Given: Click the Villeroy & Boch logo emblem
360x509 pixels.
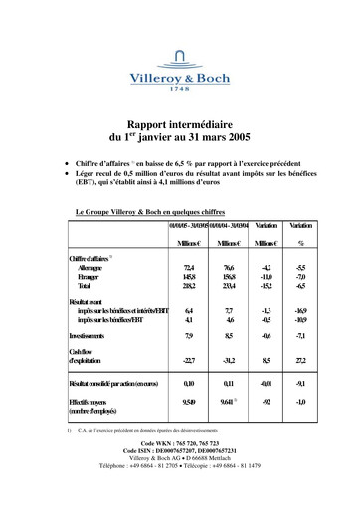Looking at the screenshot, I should (x=179, y=55).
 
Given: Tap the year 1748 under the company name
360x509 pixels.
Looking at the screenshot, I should (x=180, y=89).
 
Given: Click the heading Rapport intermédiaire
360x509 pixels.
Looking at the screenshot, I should (x=180, y=116).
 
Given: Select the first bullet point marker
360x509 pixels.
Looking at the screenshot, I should (x=66, y=158).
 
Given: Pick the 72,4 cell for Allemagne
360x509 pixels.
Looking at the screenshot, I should (x=189, y=267).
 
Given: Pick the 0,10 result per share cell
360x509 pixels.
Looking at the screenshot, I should (x=189, y=382).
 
